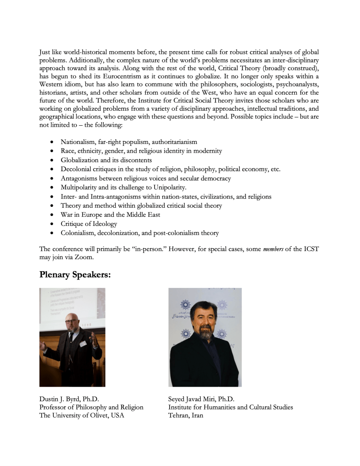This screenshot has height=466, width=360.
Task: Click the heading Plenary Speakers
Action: pos(75,275)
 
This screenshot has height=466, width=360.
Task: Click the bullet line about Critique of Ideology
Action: pos(89,224)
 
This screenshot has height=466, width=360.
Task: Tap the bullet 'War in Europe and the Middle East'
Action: pos(110,215)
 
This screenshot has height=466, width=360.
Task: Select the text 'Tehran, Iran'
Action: pos(186,415)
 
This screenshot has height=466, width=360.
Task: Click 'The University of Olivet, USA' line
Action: pos(81,415)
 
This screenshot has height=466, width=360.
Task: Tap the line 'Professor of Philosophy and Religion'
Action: pos(91,407)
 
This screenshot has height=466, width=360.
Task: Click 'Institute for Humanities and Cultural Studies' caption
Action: pos(230,407)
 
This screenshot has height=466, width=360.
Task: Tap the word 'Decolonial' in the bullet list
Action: pos(76,169)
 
